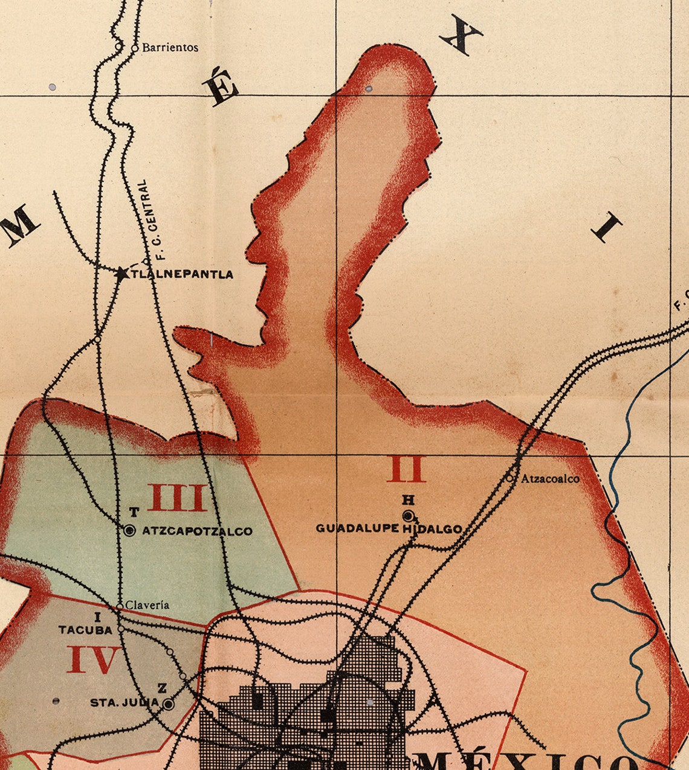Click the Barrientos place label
[170, 47]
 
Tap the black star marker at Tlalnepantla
[122, 274]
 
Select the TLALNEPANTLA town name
[182, 274]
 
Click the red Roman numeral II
[407, 469]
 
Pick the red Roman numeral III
[178, 498]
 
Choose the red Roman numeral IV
[93, 659]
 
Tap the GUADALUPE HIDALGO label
[389, 528]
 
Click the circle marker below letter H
[409, 515]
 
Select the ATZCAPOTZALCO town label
[197, 531]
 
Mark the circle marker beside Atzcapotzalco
[129, 531]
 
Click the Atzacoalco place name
[550, 479]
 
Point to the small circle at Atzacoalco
[510, 478]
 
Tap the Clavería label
[147, 605]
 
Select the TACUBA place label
[85, 630]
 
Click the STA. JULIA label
[125, 702]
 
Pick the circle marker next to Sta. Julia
[169, 704]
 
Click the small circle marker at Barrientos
[135, 48]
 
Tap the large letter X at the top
[461, 36]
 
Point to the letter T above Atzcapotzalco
[134, 512]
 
